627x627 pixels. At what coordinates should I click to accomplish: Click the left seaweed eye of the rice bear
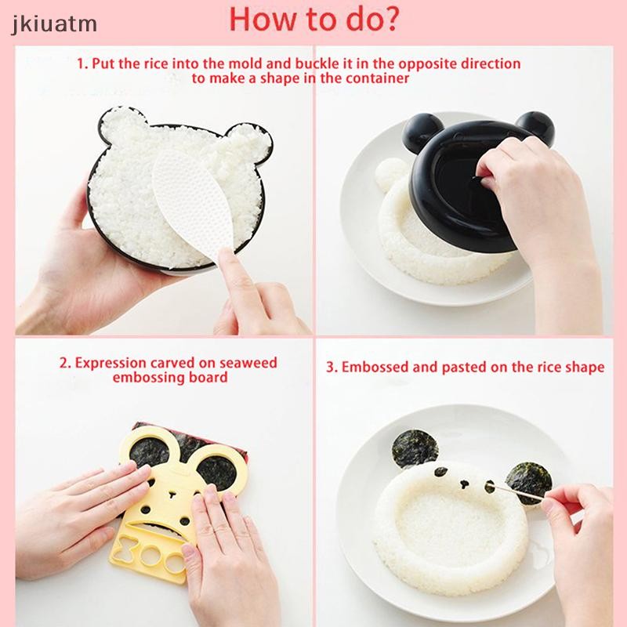coord(440,473)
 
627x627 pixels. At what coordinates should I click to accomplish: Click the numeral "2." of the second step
coord(66,364)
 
